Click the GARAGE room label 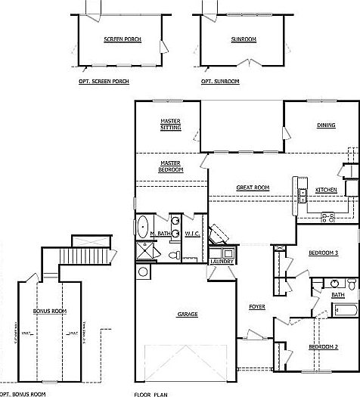coord(188,314)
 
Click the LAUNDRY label coord(222,261)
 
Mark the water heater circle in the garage coord(143,271)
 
